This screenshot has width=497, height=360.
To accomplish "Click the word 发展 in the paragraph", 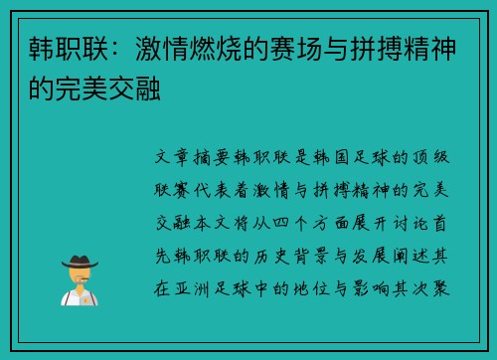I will tap(365, 240).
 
